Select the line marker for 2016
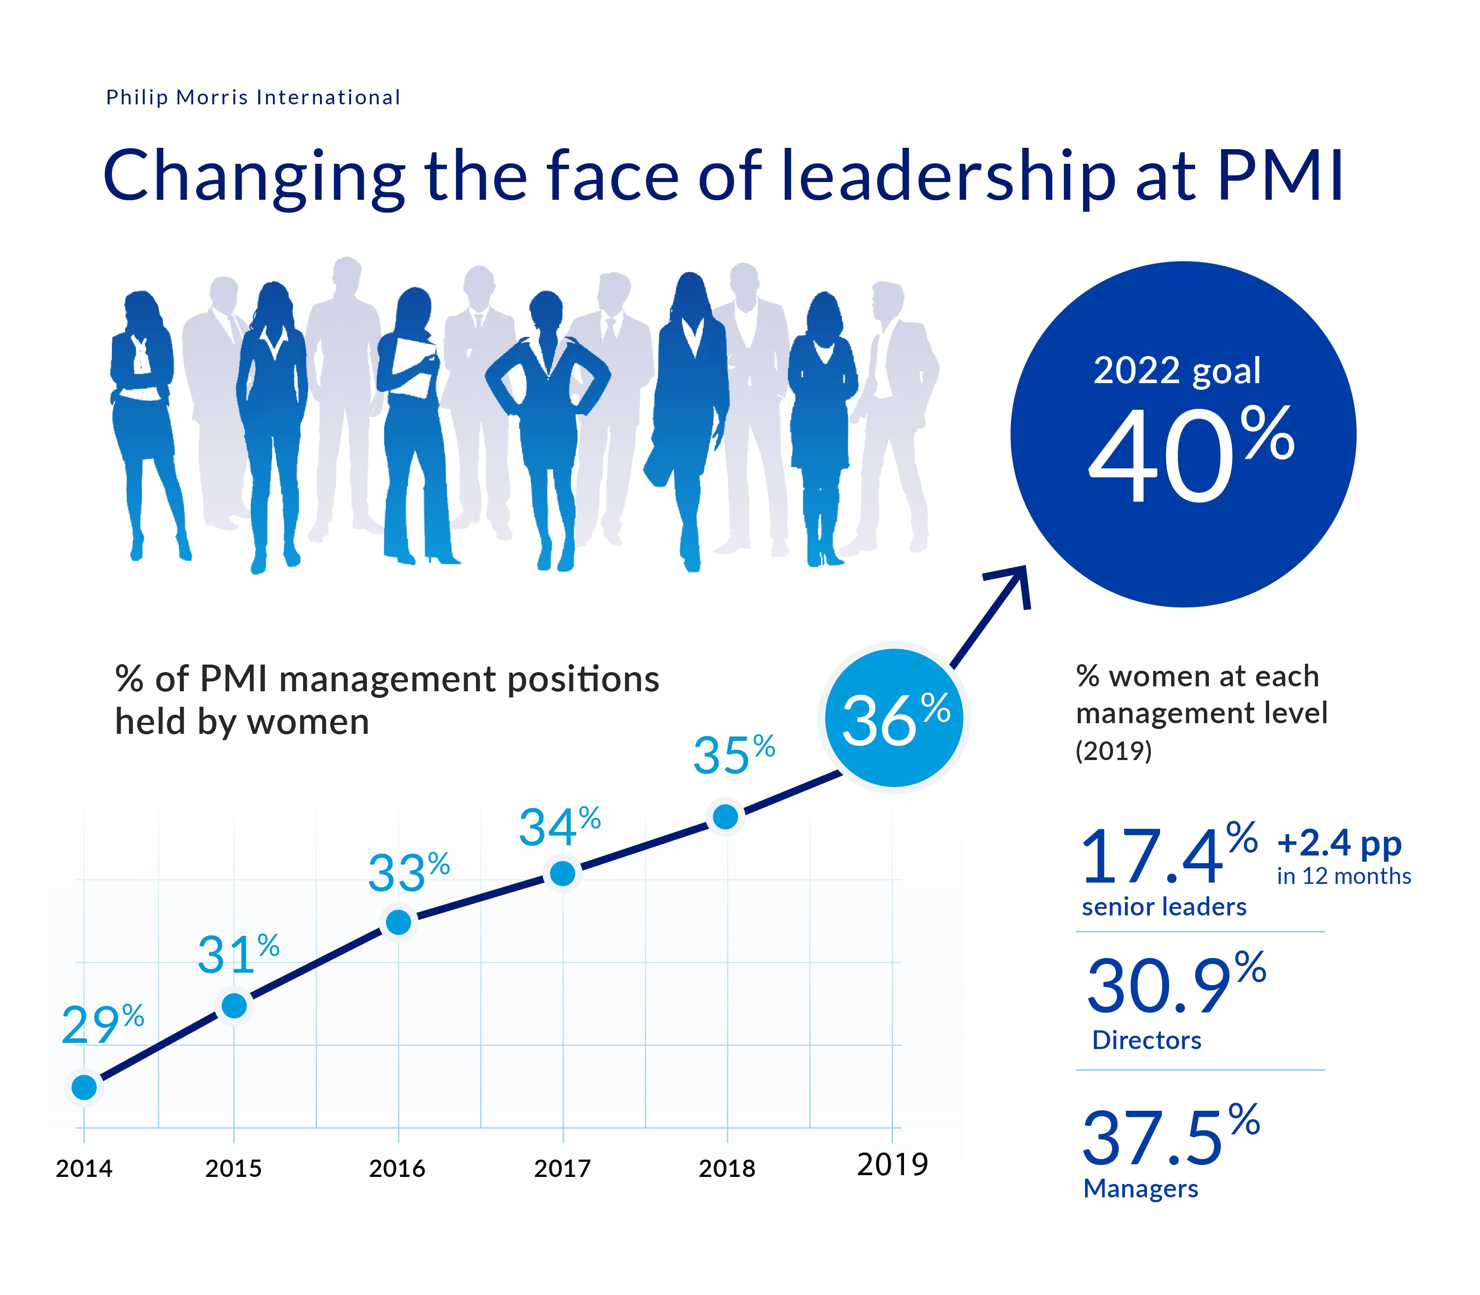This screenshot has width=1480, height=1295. tap(399, 922)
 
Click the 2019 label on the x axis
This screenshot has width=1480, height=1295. tap(892, 1165)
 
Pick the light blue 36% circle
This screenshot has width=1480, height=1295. tap(894, 717)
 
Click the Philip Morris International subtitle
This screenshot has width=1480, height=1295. tap(253, 98)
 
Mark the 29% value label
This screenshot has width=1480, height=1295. tap(102, 1024)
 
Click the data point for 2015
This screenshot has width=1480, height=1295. tap(234, 1005)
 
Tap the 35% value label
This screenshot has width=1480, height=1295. tap(733, 755)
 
